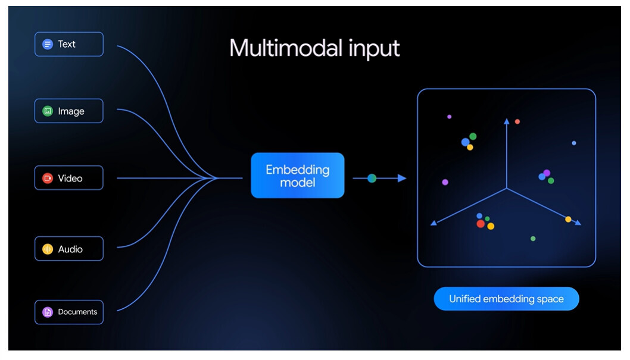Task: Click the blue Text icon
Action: tap(48, 44)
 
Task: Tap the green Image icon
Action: tap(48, 111)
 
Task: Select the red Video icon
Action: tap(48, 178)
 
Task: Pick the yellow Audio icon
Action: tap(48, 249)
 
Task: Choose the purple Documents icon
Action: tap(48, 312)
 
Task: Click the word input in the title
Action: tap(374, 49)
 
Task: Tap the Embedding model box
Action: tap(297, 176)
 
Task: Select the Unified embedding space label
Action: tap(506, 299)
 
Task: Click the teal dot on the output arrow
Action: tap(372, 178)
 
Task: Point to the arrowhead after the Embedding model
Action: tap(402, 178)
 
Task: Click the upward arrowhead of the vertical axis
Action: tap(507, 121)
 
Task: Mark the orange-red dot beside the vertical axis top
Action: tap(517, 121)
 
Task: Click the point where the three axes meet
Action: tap(507, 188)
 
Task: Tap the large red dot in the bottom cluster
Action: tap(481, 224)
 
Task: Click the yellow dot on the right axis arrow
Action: tap(568, 219)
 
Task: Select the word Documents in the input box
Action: tap(77, 312)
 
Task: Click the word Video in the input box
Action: tap(70, 178)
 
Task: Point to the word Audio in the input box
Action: tap(70, 249)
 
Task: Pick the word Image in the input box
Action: tap(71, 112)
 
